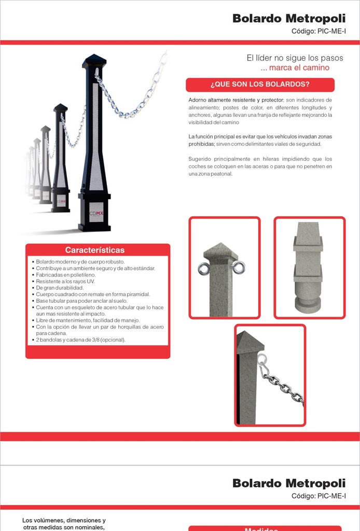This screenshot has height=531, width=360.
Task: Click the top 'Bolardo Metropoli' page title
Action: coord(289,19)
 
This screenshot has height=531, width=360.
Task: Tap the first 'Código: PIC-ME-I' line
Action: coord(319,32)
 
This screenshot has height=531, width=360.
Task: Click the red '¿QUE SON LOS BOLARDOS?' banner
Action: coord(260,85)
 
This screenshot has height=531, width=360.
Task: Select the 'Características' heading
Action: coord(95,250)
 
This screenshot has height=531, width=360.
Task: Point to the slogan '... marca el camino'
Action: coord(295,68)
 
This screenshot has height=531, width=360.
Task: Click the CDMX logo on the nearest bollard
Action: coord(96,213)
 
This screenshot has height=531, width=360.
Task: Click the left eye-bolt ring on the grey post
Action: coord(203,269)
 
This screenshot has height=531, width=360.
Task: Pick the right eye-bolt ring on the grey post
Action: coord(239,267)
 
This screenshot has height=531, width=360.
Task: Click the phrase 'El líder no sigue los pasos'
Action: coord(295,58)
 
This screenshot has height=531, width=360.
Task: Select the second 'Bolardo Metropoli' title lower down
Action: coord(289,483)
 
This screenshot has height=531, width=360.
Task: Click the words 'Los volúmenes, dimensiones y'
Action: coord(64,520)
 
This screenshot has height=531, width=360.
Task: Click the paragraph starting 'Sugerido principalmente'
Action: coord(260,166)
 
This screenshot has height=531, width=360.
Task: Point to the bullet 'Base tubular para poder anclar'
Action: coord(81,301)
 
